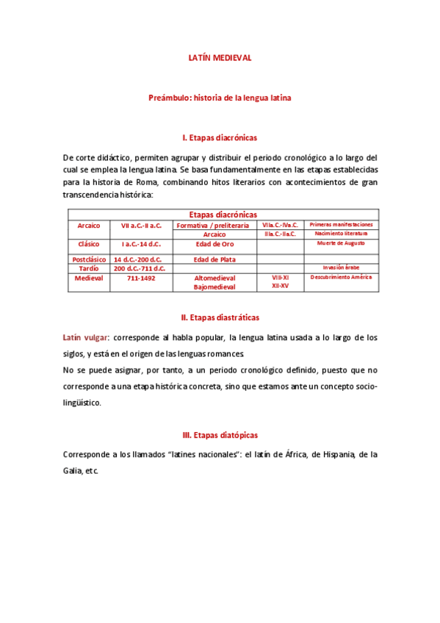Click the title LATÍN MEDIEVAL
coord(220,58)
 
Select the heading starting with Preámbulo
coord(220,98)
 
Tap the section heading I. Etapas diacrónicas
coord(220,137)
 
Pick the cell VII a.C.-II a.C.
coord(141,225)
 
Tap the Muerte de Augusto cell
coord(341,242)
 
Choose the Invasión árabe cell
coord(341,267)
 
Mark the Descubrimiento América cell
coord(341,278)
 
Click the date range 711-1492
coord(141,278)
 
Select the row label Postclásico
coord(89,259)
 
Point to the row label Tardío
coord(89,268)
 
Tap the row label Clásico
coord(89,243)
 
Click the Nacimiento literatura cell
coord(341,233)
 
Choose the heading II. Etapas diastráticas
coord(220,317)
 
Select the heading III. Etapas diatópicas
coord(220,435)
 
